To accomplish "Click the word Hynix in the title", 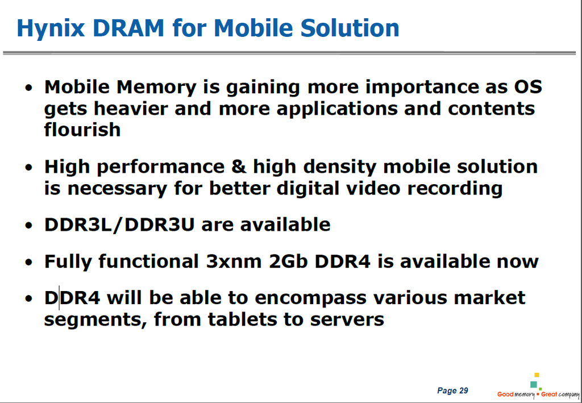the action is [x=51, y=28].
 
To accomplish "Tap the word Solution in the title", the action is [x=350, y=28].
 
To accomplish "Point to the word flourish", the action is [x=82, y=130].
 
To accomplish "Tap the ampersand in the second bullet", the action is [x=239, y=166].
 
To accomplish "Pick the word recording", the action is [x=455, y=189].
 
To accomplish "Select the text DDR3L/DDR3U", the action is [x=119, y=225].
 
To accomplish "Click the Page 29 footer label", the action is [x=452, y=390].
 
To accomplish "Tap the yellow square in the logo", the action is [x=537, y=375].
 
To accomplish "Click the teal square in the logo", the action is [x=534, y=384].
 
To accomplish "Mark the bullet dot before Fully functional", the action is [x=29, y=263].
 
